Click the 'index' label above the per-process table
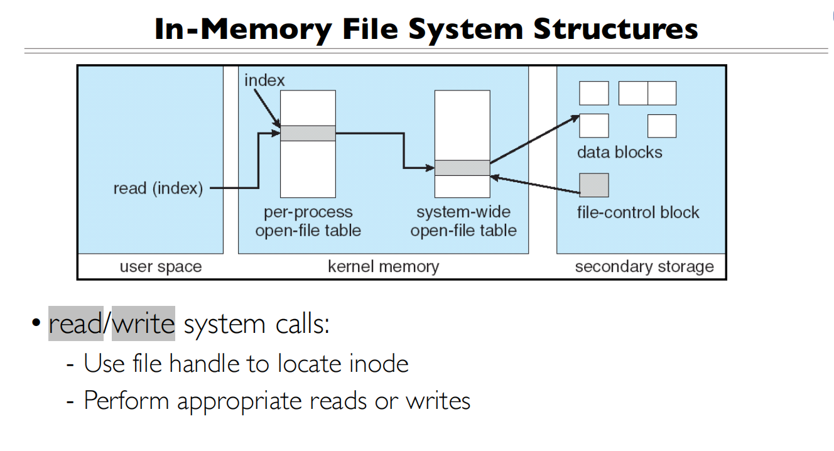[264, 80]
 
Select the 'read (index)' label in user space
[158, 188]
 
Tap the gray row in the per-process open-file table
[308, 133]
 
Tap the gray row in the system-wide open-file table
[462, 168]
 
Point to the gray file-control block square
[593, 185]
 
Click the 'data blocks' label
[619, 153]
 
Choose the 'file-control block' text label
[637, 212]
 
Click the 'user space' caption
[161, 267]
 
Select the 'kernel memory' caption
[383, 266]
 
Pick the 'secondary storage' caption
[644, 267]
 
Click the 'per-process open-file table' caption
[308, 221]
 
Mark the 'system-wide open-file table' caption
[463, 221]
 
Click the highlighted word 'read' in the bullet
[76, 324]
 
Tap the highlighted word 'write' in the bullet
[143, 324]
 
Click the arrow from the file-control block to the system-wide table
[534, 185]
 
